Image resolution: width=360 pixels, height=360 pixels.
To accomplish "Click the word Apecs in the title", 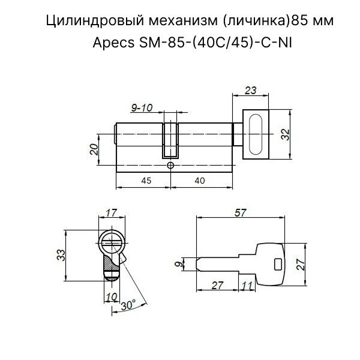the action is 113,43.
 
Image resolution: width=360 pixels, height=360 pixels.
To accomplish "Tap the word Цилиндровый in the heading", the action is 95,21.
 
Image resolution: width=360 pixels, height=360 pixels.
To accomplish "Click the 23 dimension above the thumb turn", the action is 250,90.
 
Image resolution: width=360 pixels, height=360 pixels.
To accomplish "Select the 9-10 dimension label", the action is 142,107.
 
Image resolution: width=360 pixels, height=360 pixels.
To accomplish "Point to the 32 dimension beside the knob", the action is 286,134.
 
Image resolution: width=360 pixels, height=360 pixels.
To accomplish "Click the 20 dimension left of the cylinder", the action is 94,149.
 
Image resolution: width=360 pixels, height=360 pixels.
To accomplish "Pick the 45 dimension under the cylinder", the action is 146,181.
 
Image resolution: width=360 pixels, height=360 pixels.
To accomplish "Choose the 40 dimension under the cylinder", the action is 200,181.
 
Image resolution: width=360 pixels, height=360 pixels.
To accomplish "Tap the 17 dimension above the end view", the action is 112,212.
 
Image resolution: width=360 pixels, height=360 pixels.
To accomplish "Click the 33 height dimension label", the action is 61,254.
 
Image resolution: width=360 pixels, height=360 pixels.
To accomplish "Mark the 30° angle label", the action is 128,305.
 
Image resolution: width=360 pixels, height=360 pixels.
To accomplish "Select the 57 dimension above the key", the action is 241,213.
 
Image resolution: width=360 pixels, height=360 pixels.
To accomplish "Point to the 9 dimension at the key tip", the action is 178,264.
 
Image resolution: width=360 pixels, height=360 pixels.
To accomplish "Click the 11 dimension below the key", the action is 247,286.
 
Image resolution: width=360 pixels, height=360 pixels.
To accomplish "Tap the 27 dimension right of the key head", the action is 301,265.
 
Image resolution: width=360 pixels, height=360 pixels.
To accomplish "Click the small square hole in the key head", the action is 278,265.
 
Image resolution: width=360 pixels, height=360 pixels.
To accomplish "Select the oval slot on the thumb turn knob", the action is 256,134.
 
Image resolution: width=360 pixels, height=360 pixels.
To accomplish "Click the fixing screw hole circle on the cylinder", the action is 170,166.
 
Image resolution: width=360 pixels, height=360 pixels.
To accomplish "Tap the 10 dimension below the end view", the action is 112,296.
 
